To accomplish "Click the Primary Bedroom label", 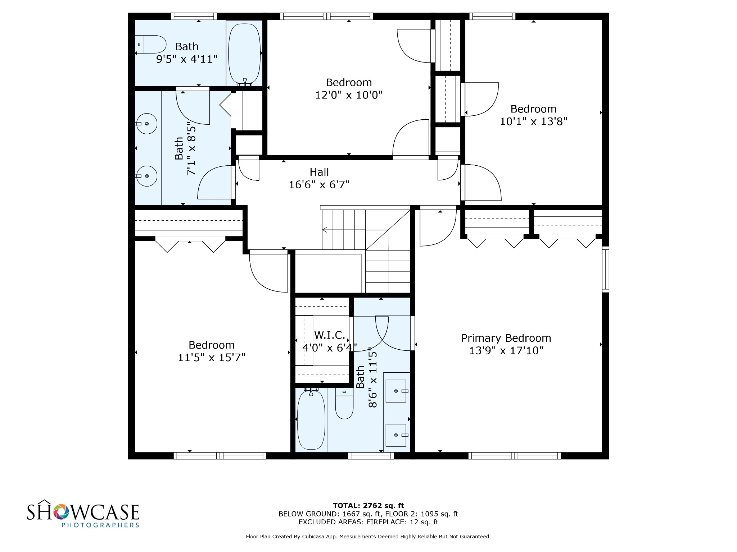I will [x=506, y=338].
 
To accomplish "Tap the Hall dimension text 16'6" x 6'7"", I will [x=319, y=185].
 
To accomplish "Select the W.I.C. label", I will [x=330, y=335].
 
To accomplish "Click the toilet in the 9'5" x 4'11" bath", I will [x=151, y=44].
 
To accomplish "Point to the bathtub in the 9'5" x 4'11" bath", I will [x=244, y=53].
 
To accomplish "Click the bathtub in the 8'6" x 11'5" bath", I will [x=311, y=420].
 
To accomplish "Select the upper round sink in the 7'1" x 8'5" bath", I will [x=146, y=124].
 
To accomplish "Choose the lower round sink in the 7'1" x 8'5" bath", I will [x=146, y=176].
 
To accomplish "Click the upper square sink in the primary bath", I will [x=396, y=391].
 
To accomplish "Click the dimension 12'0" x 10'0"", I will [x=349, y=95].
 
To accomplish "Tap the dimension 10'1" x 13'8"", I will [x=533, y=121].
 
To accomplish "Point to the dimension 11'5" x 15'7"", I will [x=212, y=358].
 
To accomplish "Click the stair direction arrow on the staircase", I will [x=325, y=230].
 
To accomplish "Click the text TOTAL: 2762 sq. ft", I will [x=368, y=506].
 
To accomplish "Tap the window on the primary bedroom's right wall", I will [x=606, y=269].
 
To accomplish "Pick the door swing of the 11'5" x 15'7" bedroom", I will [x=268, y=273].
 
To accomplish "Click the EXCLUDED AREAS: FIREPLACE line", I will [x=368, y=522].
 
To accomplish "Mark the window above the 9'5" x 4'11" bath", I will [x=194, y=16].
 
